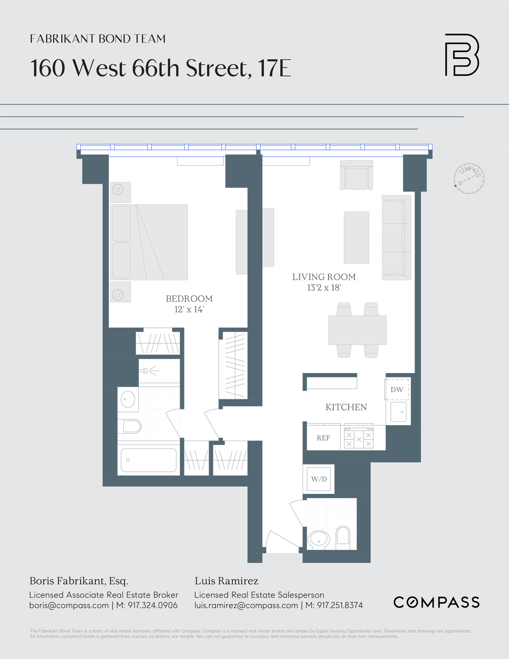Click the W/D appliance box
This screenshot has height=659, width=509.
(319, 479)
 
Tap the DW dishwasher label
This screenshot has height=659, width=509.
(397, 389)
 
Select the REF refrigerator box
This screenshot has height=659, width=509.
(323, 438)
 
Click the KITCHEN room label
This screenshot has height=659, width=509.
(346, 407)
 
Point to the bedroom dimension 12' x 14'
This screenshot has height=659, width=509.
(189, 309)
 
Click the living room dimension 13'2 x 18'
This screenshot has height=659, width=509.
(324, 288)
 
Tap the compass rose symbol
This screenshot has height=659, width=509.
(469, 178)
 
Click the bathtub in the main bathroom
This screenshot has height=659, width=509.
(148, 460)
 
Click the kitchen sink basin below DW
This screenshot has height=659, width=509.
(398, 413)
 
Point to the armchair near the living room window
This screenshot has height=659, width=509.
(356, 175)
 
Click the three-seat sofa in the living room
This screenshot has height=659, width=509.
(396, 238)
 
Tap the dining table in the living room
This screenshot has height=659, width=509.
(357, 330)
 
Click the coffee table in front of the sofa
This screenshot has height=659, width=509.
(356, 237)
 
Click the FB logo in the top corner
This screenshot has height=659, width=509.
(462, 55)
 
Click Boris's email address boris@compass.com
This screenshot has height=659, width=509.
(69, 605)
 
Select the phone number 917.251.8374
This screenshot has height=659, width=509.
(340, 605)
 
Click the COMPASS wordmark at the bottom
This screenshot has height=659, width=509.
(436, 602)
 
